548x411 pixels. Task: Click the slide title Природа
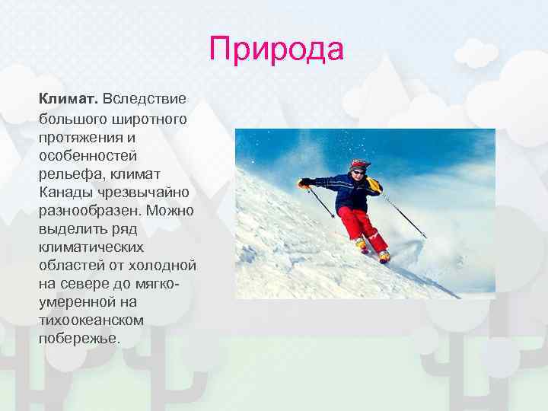(277, 50)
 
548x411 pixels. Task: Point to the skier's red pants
(361, 223)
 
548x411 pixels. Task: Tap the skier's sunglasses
(358, 173)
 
